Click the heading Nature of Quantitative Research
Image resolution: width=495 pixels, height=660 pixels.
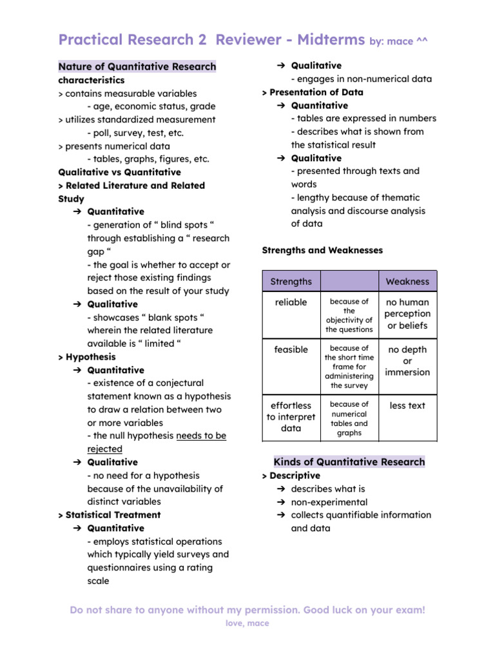click(x=137, y=66)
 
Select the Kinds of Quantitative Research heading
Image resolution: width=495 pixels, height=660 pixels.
click(x=349, y=461)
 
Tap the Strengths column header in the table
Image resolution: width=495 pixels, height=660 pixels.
click(x=291, y=282)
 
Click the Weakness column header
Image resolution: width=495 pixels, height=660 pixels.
click(x=407, y=282)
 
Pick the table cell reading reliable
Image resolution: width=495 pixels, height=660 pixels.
click(x=291, y=302)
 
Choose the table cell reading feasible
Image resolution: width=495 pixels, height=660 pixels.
click(x=291, y=349)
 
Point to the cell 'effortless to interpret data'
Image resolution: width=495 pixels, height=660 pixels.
click(x=291, y=417)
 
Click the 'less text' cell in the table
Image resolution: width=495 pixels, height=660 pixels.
click(x=407, y=405)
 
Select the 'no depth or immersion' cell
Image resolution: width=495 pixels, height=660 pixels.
click(x=407, y=360)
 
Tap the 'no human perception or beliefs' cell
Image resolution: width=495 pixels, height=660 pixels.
click(x=407, y=314)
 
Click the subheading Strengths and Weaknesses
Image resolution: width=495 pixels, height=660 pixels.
click(x=322, y=250)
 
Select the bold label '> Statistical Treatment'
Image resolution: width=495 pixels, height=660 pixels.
click(x=109, y=515)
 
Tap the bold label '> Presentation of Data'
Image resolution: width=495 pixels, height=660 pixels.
click(x=313, y=92)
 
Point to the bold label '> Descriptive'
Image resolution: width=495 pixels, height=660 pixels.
click(x=291, y=476)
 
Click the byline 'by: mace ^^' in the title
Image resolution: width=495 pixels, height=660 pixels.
click(x=398, y=41)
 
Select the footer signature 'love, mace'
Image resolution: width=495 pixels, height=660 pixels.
click(x=247, y=623)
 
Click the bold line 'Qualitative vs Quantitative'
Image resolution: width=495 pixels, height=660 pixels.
click(x=119, y=172)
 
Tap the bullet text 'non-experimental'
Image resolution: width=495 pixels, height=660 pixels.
click(x=329, y=502)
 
